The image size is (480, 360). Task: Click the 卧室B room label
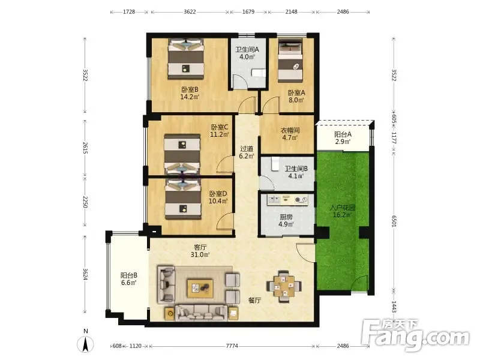(190, 89)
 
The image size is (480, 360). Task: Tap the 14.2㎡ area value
(190, 97)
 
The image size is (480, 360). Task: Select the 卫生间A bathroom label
(247, 49)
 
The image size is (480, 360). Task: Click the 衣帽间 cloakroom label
(290, 130)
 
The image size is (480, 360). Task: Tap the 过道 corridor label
(247, 149)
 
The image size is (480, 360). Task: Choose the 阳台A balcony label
(343, 134)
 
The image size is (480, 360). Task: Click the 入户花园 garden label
(342, 208)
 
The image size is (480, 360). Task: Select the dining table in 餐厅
(284, 287)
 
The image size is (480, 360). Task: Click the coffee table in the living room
(200, 288)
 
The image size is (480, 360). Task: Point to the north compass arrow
(85, 344)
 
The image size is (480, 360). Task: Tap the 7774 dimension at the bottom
(232, 346)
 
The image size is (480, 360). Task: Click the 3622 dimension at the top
(190, 11)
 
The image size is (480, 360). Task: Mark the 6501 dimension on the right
(394, 221)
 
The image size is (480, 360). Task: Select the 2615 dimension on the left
(85, 148)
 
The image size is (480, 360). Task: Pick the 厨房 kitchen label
(286, 217)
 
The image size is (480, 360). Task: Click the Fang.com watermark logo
(415, 335)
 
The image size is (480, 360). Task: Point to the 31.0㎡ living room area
(200, 254)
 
